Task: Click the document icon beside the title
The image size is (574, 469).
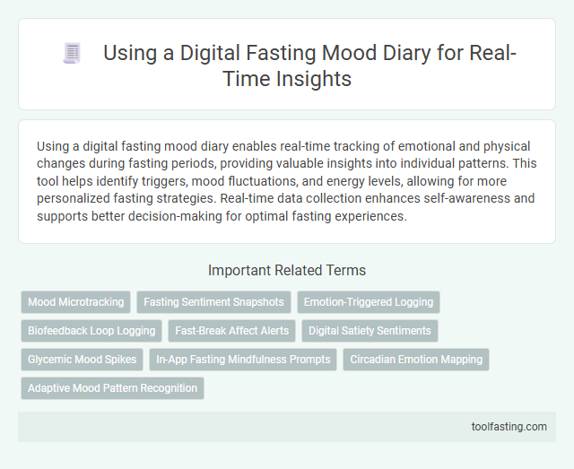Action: coord(73,54)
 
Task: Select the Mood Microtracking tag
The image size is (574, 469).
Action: coord(76,302)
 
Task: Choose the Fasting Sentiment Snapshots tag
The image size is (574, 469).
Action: coord(213,302)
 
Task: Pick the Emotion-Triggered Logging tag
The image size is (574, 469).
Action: coord(369,302)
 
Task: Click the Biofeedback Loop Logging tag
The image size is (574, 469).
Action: coord(91,331)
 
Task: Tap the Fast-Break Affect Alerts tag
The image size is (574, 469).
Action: coord(231,331)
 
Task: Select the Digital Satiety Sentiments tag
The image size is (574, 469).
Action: coord(370,331)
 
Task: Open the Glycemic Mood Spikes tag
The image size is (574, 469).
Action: coord(82,360)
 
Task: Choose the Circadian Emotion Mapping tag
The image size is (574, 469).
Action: coord(416,360)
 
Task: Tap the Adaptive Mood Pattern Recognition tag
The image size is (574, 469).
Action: coord(112,388)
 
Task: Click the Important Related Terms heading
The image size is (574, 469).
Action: coord(286,270)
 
